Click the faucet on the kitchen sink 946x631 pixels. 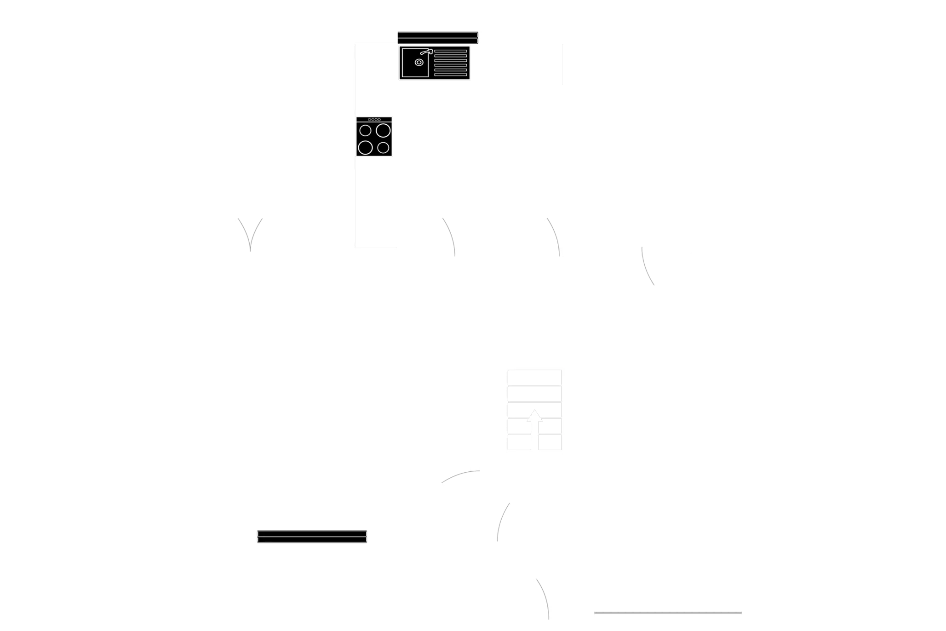426,52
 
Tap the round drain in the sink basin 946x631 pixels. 419,62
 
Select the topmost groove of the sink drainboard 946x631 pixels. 450,51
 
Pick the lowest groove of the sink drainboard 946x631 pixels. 450,75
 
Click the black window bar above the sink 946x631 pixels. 437,36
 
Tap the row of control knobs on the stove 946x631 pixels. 374,119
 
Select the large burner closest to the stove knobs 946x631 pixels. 383,131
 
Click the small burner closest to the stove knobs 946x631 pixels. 365,131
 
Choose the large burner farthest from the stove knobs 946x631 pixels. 365,148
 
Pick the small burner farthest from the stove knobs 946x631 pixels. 383,148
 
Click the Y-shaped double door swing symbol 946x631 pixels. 250,235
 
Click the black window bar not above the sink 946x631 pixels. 312,536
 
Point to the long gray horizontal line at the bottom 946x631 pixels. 667,613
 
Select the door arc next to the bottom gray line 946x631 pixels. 544,598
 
